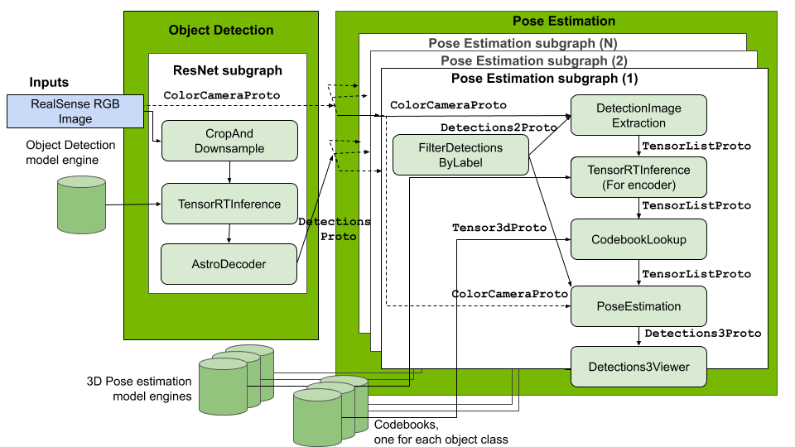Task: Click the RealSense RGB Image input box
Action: pos(75,111)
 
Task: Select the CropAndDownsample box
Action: pos(229,141)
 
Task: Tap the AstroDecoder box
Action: pos(229,264)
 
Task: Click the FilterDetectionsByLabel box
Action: pos(460,155)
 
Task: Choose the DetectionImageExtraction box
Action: pos(638,115)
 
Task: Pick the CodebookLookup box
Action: pos(638,240)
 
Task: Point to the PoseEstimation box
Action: pos(638,306)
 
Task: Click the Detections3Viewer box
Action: pos(638,367)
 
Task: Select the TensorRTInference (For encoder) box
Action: pos(638,177)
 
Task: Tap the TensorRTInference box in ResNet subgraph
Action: pos(229,204)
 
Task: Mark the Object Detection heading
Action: pos(220,31)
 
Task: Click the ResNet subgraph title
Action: pos(228,71)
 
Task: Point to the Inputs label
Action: pos(49,83)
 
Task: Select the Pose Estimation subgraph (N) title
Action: pos(523,43)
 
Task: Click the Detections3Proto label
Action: pos(702,334)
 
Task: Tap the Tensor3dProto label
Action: pos(499,228)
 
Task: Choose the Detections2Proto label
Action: pos(499,128)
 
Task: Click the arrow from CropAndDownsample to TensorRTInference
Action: pos(229,172)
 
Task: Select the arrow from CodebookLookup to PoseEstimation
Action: pos(638,273)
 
